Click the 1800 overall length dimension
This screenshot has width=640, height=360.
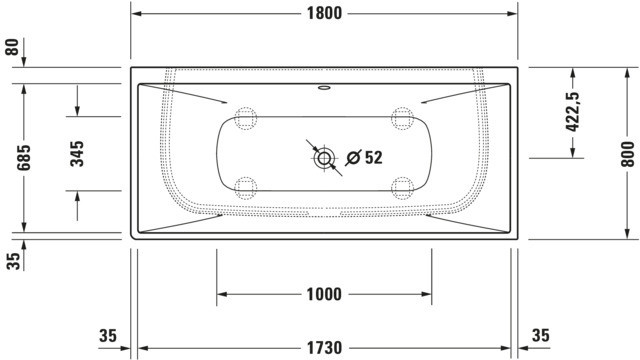tap(324, 13)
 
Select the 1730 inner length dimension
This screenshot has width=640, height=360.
tap(324, 348)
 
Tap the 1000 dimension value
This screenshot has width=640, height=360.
tap(324, 294)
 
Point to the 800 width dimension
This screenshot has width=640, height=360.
tap(628, 154)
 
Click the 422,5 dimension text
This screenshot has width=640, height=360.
tap(572, 112)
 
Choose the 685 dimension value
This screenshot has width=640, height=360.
tap(24, 158)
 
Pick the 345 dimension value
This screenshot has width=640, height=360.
tap(77, 154)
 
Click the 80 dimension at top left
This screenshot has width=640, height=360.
tap(12, 47)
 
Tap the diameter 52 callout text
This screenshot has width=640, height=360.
tap(364, 158)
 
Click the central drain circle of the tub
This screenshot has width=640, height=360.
tap(324, 158)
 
